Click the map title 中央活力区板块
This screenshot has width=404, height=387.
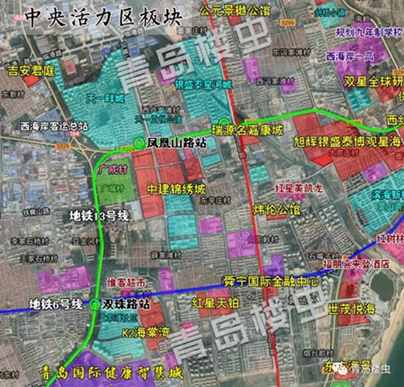tap(93, 18)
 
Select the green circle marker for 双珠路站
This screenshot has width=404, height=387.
tap(95, 303)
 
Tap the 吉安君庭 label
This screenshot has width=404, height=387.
tap(31, 71)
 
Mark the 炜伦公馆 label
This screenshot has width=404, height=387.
tap(277, 210)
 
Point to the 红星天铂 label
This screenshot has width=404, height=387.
tap(212, 302)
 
